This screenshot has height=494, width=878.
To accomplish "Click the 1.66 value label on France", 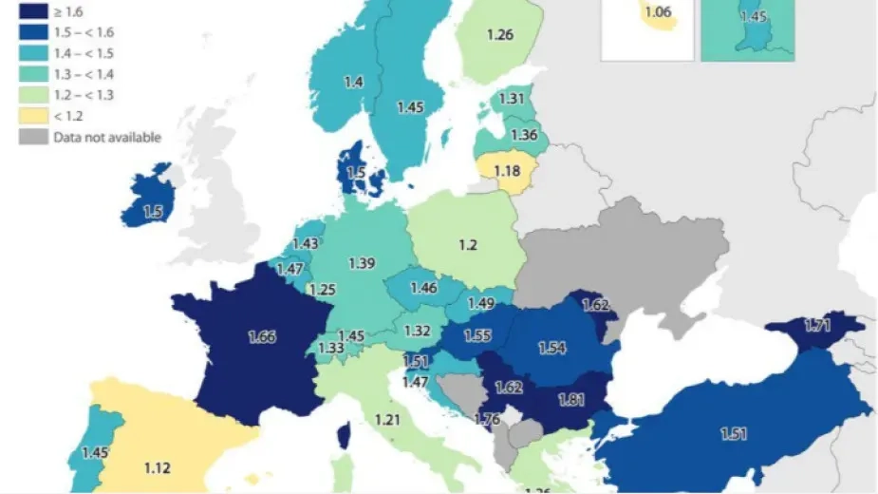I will click(x=262, y=336).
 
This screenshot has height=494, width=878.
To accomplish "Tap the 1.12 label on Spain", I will click(x=158, y=467).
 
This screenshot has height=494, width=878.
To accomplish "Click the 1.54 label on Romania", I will click(x=552, y=349).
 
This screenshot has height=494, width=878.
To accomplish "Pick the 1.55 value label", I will click(x=477, y=335).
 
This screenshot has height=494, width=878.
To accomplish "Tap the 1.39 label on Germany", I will click(x=363, y=261).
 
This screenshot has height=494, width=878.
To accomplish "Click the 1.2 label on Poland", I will click(x=467, y=245).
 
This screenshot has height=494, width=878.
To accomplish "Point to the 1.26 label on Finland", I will click(x=500, y=36).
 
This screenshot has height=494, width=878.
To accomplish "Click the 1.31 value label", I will click(x=513, y=99).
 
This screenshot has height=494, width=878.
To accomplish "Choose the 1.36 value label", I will click(x=524, y=135).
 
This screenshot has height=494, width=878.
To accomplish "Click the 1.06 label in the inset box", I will click(x=657, y=12).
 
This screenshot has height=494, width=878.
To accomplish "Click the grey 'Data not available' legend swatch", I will click(x=30, y=137).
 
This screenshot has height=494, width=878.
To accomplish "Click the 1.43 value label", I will click(x=307, y=244).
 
